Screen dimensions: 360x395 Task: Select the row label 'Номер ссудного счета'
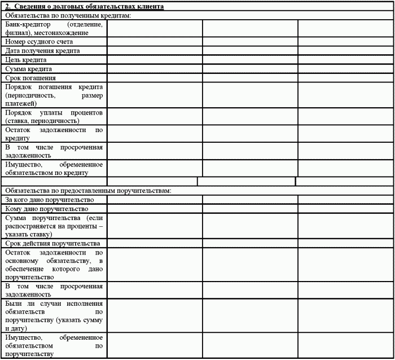click(38, 42)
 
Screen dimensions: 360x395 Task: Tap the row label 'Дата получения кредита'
click(42, 51)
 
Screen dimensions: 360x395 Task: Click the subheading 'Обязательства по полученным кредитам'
click(67, 16)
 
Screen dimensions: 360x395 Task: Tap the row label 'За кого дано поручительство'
click(49, 200)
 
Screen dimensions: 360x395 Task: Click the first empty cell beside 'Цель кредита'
click(155, 60)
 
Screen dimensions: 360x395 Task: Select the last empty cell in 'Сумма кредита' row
click(345, 69)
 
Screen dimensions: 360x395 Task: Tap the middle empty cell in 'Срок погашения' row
click(250, 78)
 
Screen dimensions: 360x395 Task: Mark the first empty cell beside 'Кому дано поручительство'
click(155, 209)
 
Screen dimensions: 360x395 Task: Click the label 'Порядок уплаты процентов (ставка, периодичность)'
click(54, 117)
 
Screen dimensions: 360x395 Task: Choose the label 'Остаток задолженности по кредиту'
click(54, 134)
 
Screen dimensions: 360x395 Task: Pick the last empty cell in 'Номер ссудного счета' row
click(345, 42)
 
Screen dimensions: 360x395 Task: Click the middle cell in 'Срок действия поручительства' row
click(250, 244)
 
